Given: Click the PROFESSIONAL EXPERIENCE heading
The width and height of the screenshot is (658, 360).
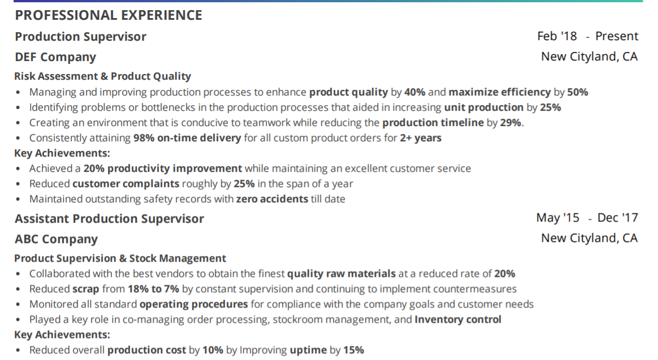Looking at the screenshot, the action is (109, 15).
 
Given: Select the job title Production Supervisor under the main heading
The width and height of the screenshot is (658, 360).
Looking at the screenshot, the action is (81, 37).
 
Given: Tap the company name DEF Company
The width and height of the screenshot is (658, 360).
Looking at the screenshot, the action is (55, 57).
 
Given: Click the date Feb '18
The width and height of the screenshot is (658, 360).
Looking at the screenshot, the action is (557, 36).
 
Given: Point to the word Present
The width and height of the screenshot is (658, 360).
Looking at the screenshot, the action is (617, 36).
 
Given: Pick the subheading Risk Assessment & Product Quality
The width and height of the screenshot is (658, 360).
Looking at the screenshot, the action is (102, 76).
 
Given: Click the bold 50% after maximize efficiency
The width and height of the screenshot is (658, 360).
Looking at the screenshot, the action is (577, 92).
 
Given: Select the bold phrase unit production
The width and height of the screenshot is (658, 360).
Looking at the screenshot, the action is (484, 107).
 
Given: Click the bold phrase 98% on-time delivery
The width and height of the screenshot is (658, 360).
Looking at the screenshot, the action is (187, 138).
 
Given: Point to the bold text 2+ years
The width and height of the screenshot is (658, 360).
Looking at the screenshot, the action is (421, 138).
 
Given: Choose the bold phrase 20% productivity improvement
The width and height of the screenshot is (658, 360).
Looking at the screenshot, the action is (163, 168).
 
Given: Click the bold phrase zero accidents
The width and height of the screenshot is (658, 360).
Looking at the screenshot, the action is (272, 199).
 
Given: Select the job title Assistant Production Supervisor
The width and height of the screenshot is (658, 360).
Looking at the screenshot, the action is (110, 219).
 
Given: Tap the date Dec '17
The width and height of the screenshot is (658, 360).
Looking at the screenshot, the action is (618, 218).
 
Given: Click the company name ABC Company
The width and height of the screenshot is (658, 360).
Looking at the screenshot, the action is (56, 239).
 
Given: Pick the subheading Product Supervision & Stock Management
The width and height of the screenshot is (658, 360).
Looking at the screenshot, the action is (120, 258).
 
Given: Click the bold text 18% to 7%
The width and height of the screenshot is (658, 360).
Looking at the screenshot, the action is (154, 289).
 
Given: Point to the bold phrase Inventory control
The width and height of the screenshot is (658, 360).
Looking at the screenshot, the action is (458, 320).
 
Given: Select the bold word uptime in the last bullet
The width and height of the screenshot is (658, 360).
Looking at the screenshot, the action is (309, 350).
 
